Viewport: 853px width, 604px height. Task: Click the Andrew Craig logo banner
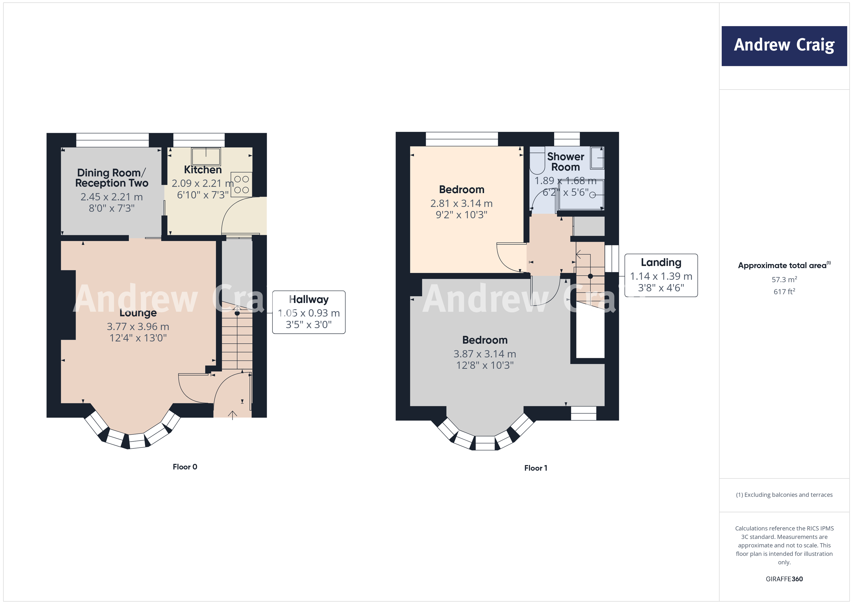tap(784, 46)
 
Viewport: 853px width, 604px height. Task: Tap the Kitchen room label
tap(203, 170)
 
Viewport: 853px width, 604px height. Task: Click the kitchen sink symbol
tap(206, 156)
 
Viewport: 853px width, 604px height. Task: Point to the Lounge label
tap(138, 313)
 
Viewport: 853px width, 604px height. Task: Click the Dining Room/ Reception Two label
tap(111, 178)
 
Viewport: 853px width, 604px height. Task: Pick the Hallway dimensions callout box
tap(309, 312)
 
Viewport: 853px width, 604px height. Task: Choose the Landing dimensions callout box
tap(661, 275)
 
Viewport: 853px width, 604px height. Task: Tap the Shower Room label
tap(566, 162)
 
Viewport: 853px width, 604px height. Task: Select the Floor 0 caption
tap(185, 467)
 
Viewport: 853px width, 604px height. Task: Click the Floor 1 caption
tap(535, 468)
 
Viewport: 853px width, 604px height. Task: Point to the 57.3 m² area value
tap(784, 279)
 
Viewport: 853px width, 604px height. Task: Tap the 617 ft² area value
tap(784, 292)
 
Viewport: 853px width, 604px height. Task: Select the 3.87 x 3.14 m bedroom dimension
tap(484, 354)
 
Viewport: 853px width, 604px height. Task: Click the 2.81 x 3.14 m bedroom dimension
tap(461, 203)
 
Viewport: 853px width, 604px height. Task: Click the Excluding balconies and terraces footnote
tap(784, 495)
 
